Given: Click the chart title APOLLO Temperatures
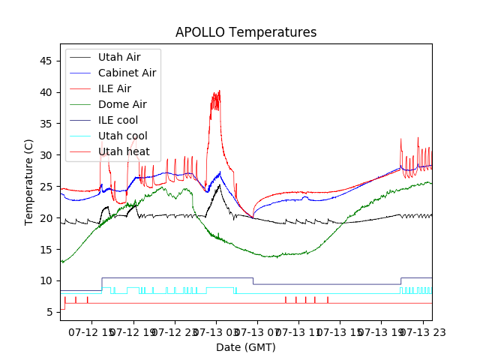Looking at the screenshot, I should tap(246, 33).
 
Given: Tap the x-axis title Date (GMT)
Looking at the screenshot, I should tap(246, 347).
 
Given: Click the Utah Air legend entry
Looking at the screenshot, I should tap(118, 57).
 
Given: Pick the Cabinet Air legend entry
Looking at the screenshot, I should tap(127, 73).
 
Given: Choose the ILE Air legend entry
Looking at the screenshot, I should tap(115, 88).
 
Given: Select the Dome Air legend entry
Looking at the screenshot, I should tap(122, 104).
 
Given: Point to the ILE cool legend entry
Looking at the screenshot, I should tap(118, 120).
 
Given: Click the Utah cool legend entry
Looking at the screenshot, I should tap(122, 136).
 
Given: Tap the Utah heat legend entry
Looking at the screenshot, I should tap(124, 151).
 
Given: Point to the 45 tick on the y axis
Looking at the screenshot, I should tap(47, 61).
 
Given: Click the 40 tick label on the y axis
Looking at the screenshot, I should tap(47, 92).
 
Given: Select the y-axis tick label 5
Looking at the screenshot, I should tap(50, 312).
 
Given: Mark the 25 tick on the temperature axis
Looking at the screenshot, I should tap(47, 187).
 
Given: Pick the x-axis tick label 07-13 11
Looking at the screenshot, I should tap(298, 331).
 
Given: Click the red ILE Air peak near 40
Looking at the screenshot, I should tap(218, 91).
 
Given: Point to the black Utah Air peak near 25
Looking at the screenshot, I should tap(219, 185).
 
